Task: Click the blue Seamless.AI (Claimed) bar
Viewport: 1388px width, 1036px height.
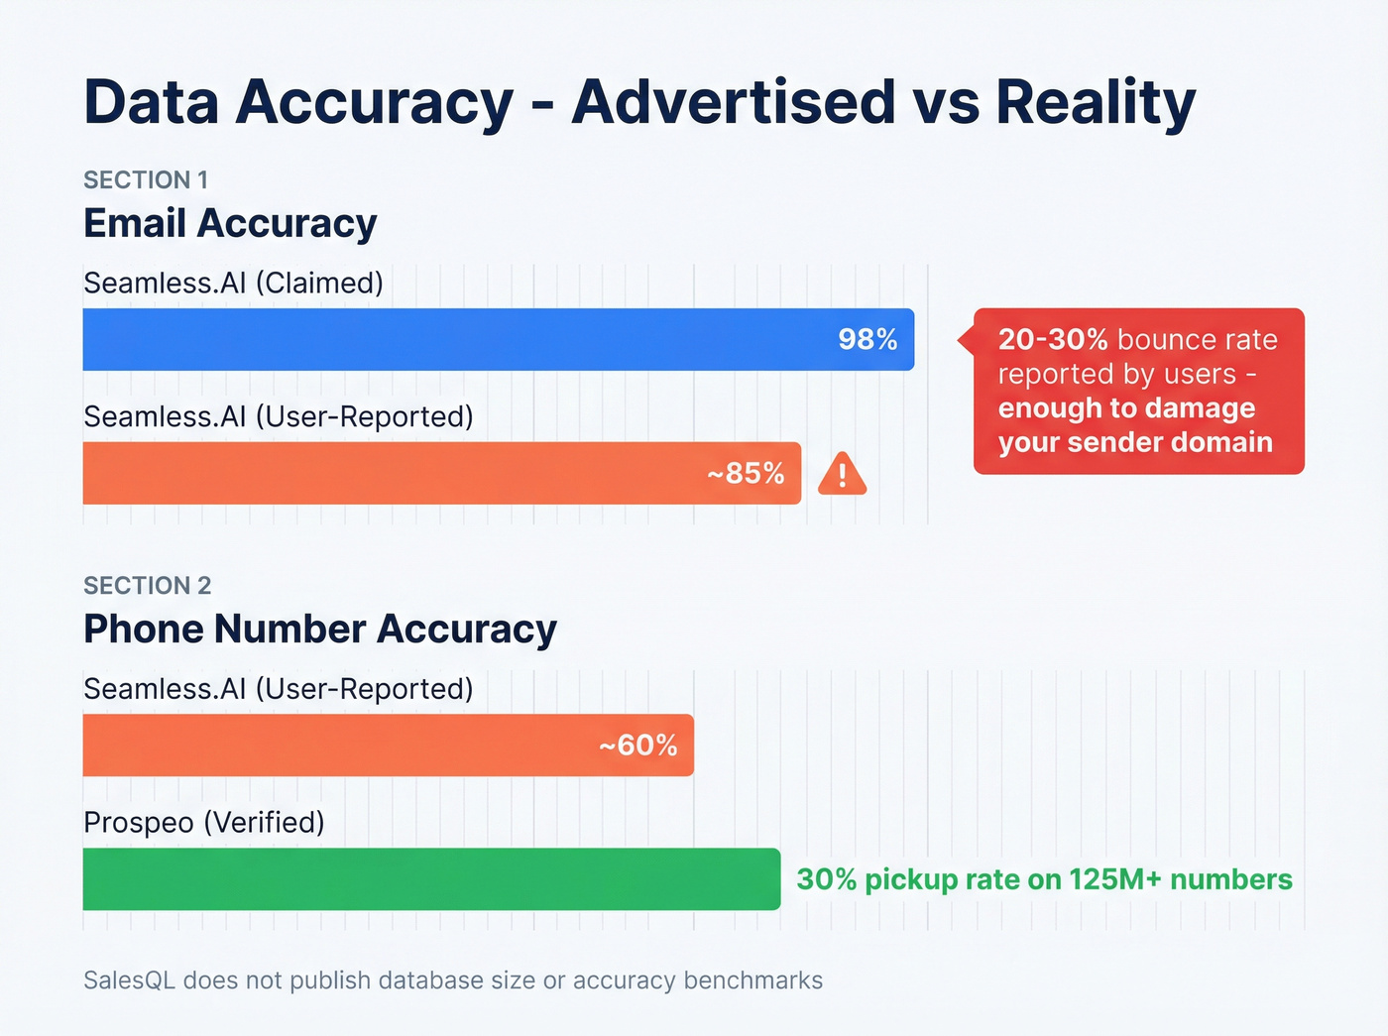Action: (446, 339)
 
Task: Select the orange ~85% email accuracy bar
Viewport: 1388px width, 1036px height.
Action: (397, 473)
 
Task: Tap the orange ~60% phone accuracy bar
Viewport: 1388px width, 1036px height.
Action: (337, 745)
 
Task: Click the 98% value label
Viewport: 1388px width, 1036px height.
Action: (867, 339)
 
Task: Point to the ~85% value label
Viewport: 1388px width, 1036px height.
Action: (746, 473)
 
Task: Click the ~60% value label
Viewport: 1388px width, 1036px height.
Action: (638, 745)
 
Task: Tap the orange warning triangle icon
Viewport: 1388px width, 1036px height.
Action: (843, 474)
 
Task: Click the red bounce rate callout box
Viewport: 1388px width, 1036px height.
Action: (1138, 391)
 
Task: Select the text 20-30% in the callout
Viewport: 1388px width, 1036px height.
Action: (1053, 339)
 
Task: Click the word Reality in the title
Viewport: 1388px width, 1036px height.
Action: (1096, 102)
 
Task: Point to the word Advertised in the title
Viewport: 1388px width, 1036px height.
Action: (734, 102)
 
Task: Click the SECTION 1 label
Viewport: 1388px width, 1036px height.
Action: (146, 179)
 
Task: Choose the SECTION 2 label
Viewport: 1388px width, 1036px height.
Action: (148, 585)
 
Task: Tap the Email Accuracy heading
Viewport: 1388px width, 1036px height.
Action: (230, 223)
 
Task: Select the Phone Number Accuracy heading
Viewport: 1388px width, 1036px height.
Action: (320, 629)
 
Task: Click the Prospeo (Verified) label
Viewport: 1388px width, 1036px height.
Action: (204, 822)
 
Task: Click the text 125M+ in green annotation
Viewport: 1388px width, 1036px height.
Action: (1113, 879)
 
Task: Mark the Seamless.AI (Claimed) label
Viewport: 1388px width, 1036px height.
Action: (233, 283)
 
